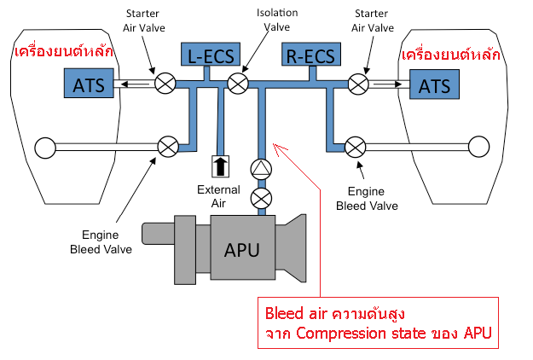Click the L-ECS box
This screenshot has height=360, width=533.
point(211,54)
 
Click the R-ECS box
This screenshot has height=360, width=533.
point(311,54)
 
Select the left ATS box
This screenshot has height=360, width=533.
point(89,83)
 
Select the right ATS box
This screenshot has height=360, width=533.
point(434,84)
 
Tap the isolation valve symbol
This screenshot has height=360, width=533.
point(238,84)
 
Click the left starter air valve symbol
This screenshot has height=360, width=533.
point(165,83)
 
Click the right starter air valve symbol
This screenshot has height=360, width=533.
point(358,84)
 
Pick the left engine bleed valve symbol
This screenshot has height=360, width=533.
point(168,147)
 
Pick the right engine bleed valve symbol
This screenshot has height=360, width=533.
point(356,148)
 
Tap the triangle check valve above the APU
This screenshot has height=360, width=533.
point(261,169)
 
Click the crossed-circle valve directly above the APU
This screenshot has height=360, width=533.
point(261,199)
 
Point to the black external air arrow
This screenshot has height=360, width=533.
point(221,166)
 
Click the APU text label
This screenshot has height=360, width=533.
point(242,250)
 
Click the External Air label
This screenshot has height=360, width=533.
point(218,196)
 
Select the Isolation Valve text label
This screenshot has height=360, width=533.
point(277,20)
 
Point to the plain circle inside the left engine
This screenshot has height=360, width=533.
point(45,148)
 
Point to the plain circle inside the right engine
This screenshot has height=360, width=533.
point(479,147)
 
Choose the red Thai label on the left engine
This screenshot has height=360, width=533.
point(64,51)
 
